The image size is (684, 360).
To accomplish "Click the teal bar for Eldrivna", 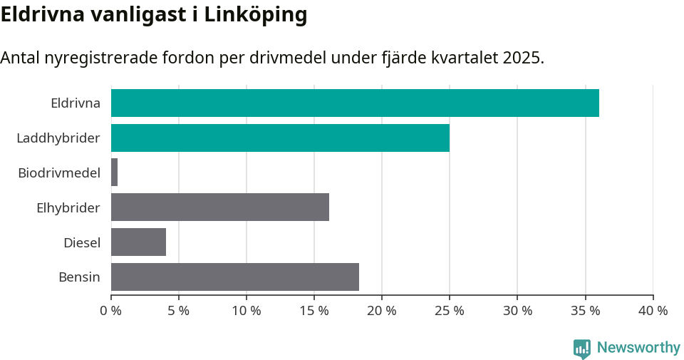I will pos(355,103).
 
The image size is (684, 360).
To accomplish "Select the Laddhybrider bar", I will pos(280,138).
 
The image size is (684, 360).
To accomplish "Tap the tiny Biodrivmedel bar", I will pos(114,173).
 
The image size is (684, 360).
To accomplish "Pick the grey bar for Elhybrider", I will pos(220,207).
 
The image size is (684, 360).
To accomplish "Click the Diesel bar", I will pos(138,242).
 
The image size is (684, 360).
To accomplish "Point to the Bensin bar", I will pos(235,277).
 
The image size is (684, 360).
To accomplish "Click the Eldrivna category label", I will pos(76,103).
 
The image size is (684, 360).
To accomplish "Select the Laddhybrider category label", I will pos(58,138).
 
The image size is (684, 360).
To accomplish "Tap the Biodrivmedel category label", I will pos(59,173).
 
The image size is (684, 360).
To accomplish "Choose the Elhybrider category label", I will pos(68,207).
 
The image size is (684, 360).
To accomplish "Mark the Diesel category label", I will pos(82,242).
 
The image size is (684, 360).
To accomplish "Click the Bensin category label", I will pos(79,277).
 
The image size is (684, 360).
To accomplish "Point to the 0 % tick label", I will pos(111,311).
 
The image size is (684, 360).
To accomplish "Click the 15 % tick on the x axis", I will pos(314,311).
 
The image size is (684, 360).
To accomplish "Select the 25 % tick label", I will pos(450,311).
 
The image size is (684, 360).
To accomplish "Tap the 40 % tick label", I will pos(653,311).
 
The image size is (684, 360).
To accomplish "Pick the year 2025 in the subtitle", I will pos(522,58).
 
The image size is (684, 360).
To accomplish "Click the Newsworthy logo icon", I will pos(582,348).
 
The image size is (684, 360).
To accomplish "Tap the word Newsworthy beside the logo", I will pos(638,348).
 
